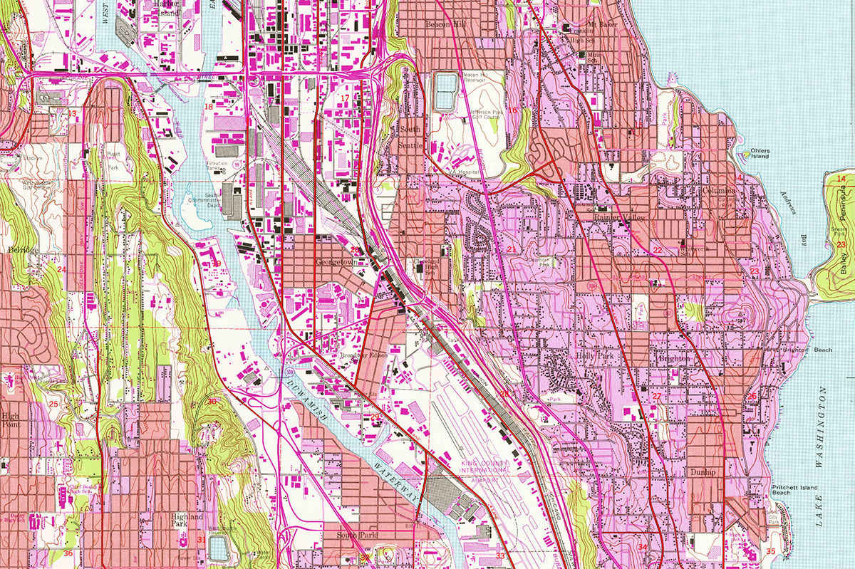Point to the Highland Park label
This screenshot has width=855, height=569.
186,521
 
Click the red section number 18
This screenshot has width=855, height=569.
209,107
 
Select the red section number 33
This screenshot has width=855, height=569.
500,555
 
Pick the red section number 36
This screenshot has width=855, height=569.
68,553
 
